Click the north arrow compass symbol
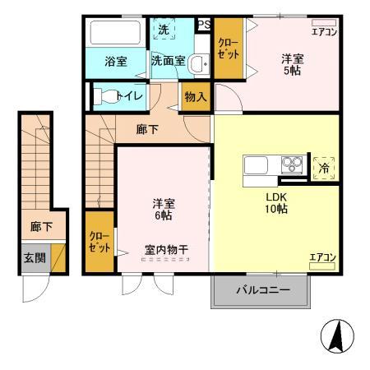click(334, 337)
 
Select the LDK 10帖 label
click(275, 203)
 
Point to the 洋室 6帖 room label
click(161, 209)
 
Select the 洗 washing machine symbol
click(163, 30)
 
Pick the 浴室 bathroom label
click(114, 60)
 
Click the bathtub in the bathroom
click(114, 33)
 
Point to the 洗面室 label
click(167, 60)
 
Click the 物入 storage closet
click(196, 97)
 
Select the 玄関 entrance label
click(34, 257)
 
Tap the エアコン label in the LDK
click(322, 258)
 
